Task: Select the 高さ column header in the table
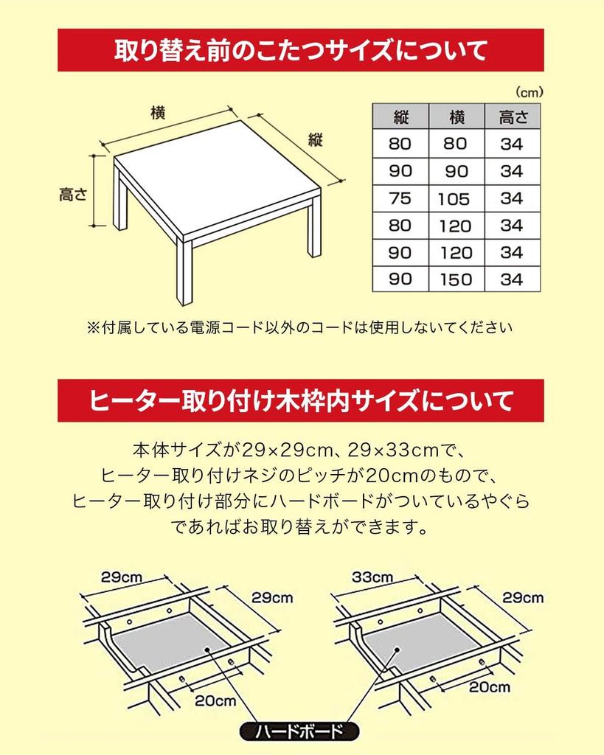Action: (511, 116)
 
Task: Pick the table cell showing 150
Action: (455, 280)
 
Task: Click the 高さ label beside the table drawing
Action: (73, 195)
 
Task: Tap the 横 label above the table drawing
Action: (158, 113)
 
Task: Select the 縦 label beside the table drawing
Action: (316, 140)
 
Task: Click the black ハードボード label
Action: (299, 732)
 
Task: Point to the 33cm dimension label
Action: (372, 577)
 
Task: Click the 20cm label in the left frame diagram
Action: (215, 700)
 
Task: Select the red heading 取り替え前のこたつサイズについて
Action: (301, 50)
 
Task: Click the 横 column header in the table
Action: (455, 116)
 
